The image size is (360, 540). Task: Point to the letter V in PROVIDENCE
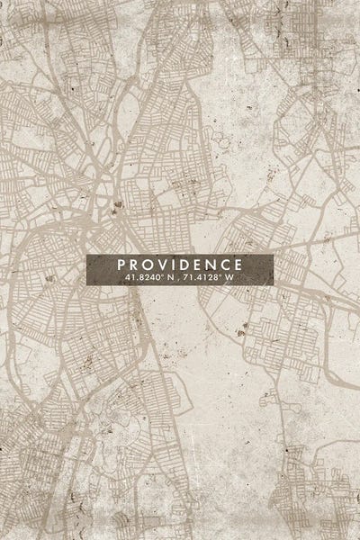(x=162, y=265)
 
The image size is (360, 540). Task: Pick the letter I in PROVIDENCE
(x=173, y=265)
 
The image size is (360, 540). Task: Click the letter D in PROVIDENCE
(x=184, y=265)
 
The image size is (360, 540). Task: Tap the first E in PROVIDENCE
(x=197, y=265)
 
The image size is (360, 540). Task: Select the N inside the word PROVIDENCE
(x=211, y=265)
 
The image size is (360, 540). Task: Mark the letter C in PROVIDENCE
(x=225, y=265)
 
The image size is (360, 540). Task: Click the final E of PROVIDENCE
(x=238, y=265)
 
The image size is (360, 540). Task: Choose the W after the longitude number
(x=229, y=278)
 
